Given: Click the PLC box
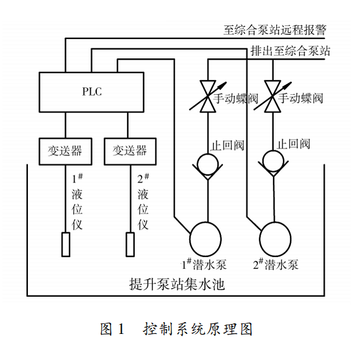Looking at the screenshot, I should tap(92, 92).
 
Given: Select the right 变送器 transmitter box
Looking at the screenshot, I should tap(130, 151).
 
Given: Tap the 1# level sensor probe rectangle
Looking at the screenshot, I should tap(65, 243).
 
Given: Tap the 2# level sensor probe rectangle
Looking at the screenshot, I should tap(130, 243).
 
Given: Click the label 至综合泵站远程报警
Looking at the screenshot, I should tap(274, 29).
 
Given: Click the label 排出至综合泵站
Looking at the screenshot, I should tap(289, 51).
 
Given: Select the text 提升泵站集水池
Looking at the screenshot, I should tap(176, 285).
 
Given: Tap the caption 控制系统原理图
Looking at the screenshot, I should tap(199, 328).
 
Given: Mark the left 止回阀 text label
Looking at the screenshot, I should tap(227, 145).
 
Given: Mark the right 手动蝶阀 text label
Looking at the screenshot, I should tap(301, 98).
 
